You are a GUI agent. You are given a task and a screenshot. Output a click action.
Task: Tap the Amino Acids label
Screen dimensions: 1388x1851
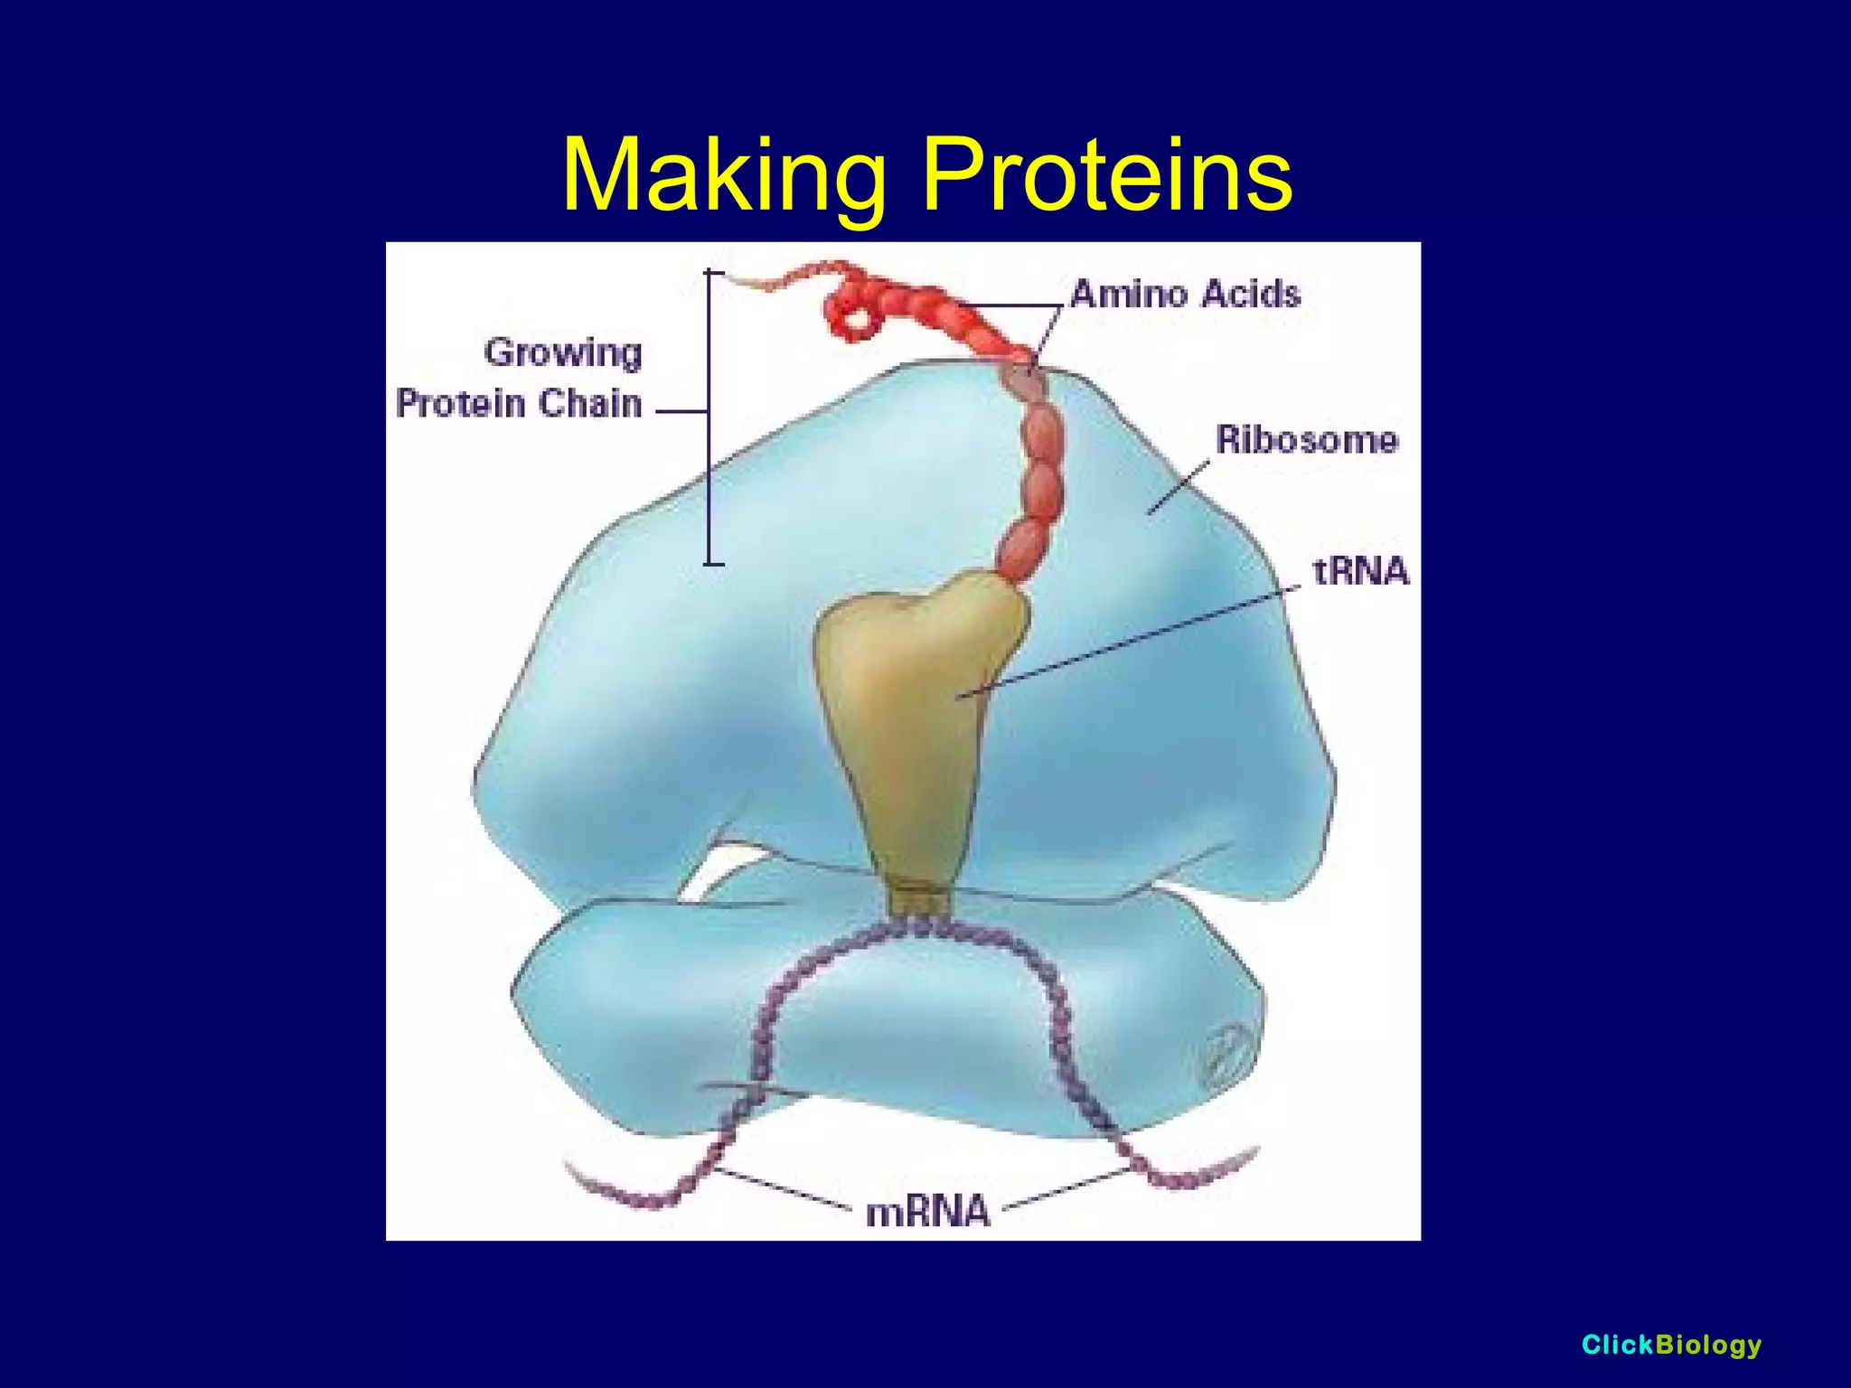point(1185,295)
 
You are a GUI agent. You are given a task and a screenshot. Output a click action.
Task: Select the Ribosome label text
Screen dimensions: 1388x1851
point(1306,440)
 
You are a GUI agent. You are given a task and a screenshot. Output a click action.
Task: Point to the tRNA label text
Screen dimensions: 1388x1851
point(1360,571)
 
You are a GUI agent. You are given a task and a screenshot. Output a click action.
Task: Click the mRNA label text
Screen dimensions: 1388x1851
point(928,1212)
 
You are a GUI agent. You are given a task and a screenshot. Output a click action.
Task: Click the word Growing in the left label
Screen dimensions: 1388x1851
point(563,352)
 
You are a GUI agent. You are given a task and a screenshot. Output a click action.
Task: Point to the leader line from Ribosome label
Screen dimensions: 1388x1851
point(1179,488)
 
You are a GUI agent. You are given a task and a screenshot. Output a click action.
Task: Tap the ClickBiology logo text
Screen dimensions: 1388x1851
point(1671,1345)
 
